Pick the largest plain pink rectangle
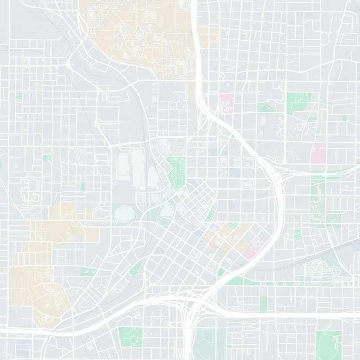[319, 153]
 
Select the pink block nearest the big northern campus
[226, 103]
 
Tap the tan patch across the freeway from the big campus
[208, 35]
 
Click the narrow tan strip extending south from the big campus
[190, 90]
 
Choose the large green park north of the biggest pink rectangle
[298, 102]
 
